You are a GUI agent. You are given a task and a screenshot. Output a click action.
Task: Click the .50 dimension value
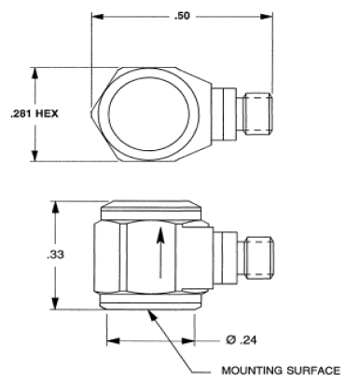pos(182,16)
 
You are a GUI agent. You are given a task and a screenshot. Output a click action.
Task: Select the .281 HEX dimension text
pos(35,114)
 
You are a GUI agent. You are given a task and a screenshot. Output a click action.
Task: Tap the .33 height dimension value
pos(56,254)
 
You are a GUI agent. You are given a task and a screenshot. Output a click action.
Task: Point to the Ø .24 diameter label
pos(242,340)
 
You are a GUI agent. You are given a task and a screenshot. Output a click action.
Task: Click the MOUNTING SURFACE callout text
pos(281,370)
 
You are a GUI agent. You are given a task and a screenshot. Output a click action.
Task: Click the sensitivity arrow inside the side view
pos(160,253)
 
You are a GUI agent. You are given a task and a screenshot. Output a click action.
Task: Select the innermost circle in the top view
pos(149,114)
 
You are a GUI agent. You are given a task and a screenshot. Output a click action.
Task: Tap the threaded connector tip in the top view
pos(258,114)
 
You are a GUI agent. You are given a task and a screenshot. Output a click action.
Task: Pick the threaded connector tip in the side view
pos(259,258)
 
